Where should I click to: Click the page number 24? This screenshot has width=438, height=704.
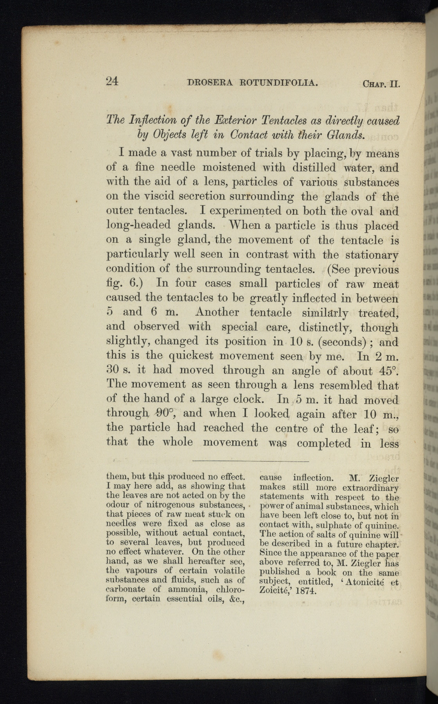pyautogui.click(x=112, y=81)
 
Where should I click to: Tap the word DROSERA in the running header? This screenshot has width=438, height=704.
pyautogui.click(x=210, y=83)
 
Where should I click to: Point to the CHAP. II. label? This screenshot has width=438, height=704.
pyautogui.click(x=381, y=84)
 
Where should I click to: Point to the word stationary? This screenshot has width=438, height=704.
pyautogui.click(x=372, y=255)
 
